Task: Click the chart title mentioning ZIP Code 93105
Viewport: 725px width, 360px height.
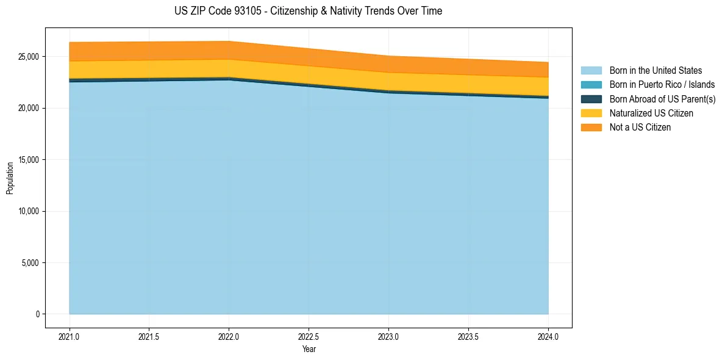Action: pos(308,11)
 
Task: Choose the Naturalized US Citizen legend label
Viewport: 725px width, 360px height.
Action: pos(651,113)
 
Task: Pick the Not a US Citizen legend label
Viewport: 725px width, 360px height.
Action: pos(640,127)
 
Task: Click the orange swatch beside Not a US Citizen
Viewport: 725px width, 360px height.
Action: pos(591,127)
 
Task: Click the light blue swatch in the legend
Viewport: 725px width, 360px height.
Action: pos(591,71)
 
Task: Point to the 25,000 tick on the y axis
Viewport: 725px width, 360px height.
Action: pos(28,57)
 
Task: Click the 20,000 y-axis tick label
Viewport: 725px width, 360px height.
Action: pos(28,108)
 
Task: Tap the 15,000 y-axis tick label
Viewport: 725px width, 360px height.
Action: pos(28,160)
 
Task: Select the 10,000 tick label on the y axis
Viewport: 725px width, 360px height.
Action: pos(28,211)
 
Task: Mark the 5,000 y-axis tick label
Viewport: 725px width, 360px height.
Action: pos(30,263)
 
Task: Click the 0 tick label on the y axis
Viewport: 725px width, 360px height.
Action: pos(36,314)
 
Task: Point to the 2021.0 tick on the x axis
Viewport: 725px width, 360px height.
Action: pos(70,336)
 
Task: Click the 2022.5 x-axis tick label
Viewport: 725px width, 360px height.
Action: pos(309,336)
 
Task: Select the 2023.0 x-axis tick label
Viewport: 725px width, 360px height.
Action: pos(388,336)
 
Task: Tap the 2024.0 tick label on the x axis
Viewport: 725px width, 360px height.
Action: pos(548,336)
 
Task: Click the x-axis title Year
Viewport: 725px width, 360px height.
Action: pos(309,349)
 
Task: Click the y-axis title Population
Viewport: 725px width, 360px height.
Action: pos(10,178)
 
